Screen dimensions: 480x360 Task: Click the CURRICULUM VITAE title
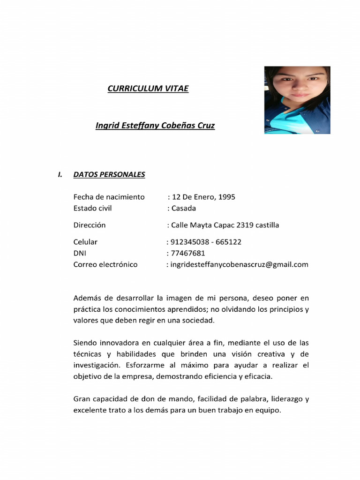coord(148,88)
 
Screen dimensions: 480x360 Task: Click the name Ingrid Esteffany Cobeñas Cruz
coord(155,126)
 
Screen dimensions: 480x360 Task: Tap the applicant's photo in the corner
coord(297,100)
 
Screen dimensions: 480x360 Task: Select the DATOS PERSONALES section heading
coord(109,175)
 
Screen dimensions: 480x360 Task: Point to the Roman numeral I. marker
coord(60,175)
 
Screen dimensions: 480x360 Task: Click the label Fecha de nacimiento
coord(109,197)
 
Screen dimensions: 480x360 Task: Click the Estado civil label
coord(93,208)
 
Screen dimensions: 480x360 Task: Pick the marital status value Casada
coord(183,208)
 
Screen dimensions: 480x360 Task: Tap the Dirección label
coord(90,225)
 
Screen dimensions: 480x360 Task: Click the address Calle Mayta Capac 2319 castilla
coord(225,225)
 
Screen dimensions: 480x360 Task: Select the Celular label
coord(85,242)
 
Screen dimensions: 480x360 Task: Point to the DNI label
coord(80,253)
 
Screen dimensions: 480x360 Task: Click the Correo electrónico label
coord(105,264)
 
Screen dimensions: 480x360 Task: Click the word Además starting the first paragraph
coord(87,298)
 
